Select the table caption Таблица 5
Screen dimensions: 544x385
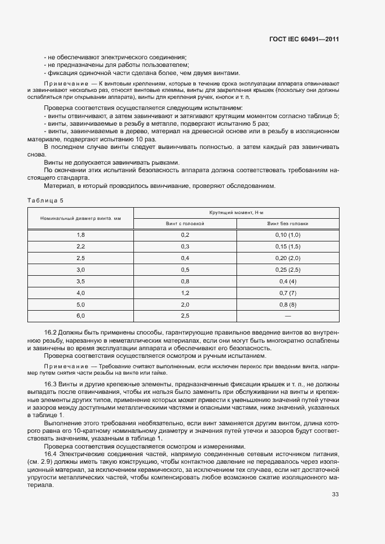[x=45, y=200]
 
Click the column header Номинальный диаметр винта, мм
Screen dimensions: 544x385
[x=80, y=218]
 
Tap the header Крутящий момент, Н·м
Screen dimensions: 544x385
[x=236, y=213]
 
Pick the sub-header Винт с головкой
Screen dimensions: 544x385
[x=185, y=223]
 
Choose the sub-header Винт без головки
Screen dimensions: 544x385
[x=288, y=223]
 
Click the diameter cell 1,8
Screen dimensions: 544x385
[x=80, y=234]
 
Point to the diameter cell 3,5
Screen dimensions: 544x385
[x=80, y=281]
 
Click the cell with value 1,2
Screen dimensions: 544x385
[x=185, y=293]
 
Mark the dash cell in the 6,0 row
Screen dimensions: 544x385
[x=288, y=316]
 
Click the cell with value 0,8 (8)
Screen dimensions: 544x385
[x=288, y=304]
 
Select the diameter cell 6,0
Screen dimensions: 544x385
[x=80, y=316]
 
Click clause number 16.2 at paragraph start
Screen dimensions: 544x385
[x=50, y=332]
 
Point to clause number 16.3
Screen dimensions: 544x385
[x=50, y=385]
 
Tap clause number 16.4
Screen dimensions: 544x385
[x=50, y=453]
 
